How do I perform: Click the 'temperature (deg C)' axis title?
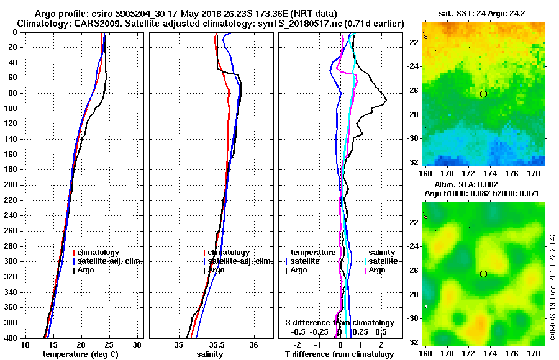click(x=80, y=354)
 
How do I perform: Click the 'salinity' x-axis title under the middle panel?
click(x=211, y=354)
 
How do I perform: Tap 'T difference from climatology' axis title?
click(x=339, y=354)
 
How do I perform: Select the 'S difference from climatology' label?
click(x=339, y=323)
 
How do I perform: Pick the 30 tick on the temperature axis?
click(x=137, y=345)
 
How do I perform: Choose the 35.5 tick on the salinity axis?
click(x=216, y=345)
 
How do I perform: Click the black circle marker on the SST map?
click(x=483, y=94)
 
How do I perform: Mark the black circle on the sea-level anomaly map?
click(x=483, y=274)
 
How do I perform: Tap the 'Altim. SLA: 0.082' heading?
click(x=483, y=186)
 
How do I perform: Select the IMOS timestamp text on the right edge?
click(x=552, y=286)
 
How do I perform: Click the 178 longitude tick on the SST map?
click(x=534, y=174)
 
